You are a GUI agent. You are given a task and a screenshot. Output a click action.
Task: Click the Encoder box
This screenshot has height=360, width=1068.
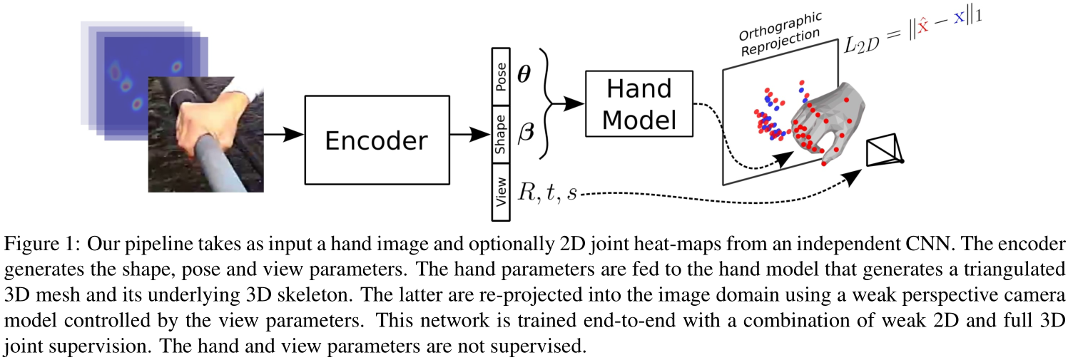(376, 140)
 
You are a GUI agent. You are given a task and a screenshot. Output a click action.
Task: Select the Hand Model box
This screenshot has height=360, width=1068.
(639, 104)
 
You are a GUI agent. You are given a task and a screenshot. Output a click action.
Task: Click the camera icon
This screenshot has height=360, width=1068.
(883, 152)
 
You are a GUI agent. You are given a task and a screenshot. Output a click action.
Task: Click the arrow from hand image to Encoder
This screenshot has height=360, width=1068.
(283, 134)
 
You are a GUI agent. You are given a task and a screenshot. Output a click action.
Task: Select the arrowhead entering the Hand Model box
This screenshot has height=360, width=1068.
(576, 104)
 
